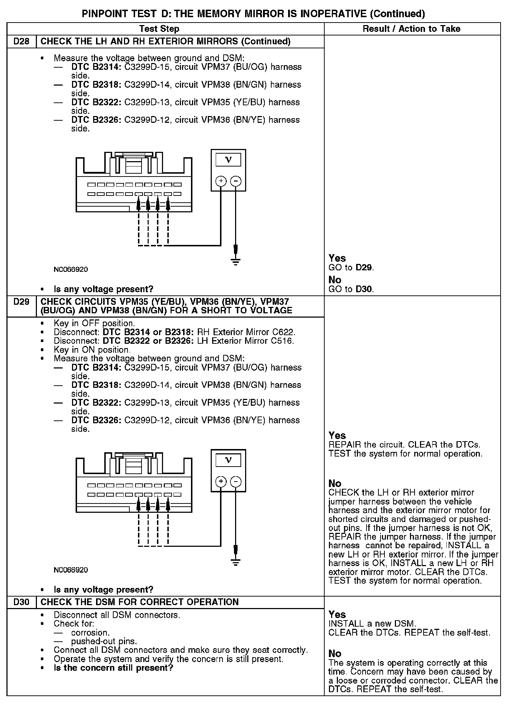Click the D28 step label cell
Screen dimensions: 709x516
(21, 42)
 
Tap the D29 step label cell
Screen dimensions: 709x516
(21, 302)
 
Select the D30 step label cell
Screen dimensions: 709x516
(21, 602)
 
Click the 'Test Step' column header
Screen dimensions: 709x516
(159, 29)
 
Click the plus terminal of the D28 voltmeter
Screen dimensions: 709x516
(221, 181)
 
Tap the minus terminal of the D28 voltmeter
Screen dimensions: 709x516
(235, 181)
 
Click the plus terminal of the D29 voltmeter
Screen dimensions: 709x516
(221, 482)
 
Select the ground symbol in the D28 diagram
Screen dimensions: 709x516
(235, 261)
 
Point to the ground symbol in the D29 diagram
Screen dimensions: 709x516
(235, 561)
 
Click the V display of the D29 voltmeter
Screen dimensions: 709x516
(228, 460)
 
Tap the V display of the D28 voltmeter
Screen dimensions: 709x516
(228, 160)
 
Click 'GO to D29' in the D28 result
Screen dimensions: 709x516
(351, 267)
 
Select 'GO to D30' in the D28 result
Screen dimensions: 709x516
(351, 289)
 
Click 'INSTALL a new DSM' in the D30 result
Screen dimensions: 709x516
(372, 623)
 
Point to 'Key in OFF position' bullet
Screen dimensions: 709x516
(94, 323)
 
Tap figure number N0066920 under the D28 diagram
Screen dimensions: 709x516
(71, 269)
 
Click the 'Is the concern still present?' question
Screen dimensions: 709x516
(113, 668)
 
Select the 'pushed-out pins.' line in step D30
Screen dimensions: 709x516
(104, 641)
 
